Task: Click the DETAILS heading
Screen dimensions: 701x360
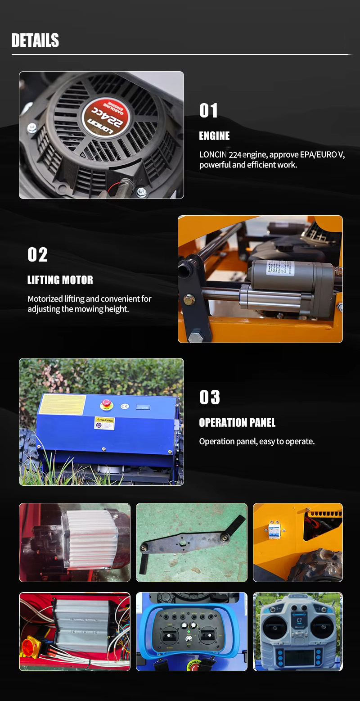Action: click(x=35, y=41)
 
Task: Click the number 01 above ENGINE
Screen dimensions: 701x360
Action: click(x=208, y=111)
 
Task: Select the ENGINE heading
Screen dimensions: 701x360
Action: click(x=214, y=136)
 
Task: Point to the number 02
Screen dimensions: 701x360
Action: click(x=37, y=255)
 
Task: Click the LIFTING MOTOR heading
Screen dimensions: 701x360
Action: click(x=60, y=280)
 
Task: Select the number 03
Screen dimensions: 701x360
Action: click(x=210, y=398)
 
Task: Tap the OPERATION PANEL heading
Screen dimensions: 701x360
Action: click(x=237, y=423)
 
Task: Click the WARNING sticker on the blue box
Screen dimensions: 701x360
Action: click(x=104, y=423)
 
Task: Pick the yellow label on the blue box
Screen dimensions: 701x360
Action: click(x=62, y=405)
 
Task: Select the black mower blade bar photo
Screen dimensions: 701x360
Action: click(x=191, y=543)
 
